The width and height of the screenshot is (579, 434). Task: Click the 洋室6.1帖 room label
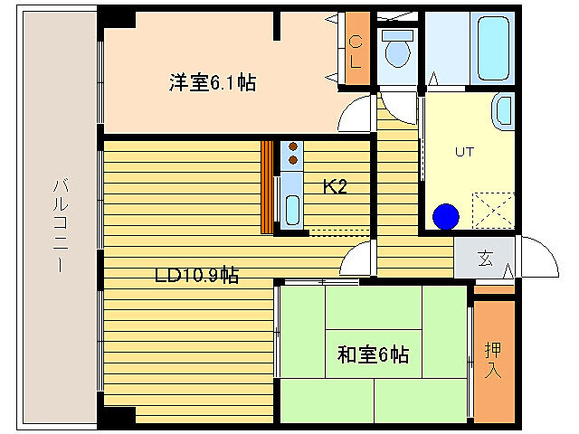tap(212, 83)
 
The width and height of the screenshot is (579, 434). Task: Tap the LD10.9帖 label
tap(196, 275)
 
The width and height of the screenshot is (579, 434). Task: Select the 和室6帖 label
tap(373, 354)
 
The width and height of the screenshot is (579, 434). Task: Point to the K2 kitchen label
tap(336, 187)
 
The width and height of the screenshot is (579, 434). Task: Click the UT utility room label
tap(464, 151)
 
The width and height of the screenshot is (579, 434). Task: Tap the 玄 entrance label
tap(485, 259)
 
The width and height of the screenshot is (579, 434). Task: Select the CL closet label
tap(356, 52)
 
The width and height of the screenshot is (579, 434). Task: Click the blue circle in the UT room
tap(446, 217)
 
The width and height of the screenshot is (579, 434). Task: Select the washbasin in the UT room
tap(501, 114)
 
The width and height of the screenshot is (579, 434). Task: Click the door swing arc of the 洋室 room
tap(356, 112)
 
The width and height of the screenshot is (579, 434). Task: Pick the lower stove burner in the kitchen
tap(292, 161)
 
